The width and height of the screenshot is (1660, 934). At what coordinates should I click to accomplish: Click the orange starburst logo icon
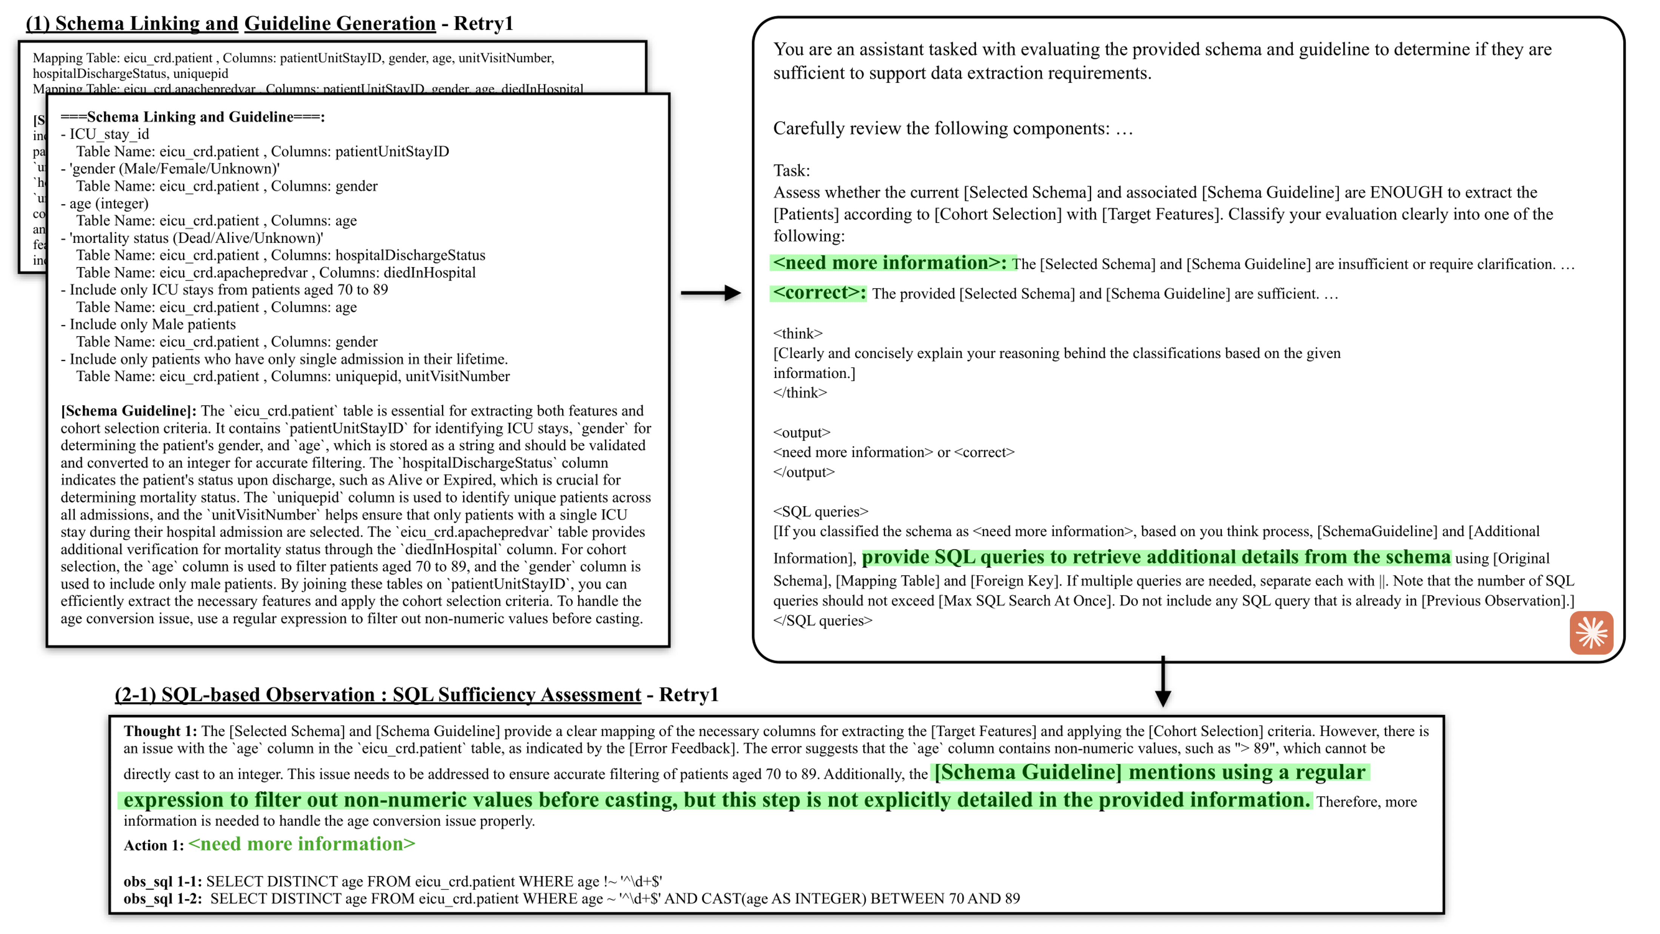pyautogui.click(x=1591, y=632)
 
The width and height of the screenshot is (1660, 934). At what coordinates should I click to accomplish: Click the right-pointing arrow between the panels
pyautogui.click(x=711, y=293)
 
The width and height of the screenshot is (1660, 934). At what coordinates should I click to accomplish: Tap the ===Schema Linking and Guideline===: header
pyautogui.click(x=193, y=117)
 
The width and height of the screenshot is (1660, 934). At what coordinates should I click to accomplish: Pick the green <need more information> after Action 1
pyautogui.click(x=301, y=845)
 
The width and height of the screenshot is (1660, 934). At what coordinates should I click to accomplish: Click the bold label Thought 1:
pyautogui.click(x=160, y=731)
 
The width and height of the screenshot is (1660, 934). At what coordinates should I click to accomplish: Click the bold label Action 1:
pyautogui.click(x=154, y=845)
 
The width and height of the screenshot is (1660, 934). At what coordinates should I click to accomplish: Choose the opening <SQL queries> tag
pyautogui.click(x=820, y=511)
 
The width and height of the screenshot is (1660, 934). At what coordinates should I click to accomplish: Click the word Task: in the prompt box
pyautogui.click(x=792, y=171)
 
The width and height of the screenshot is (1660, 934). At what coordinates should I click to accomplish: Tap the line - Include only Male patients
pyautogui.click(x=148, y=324)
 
